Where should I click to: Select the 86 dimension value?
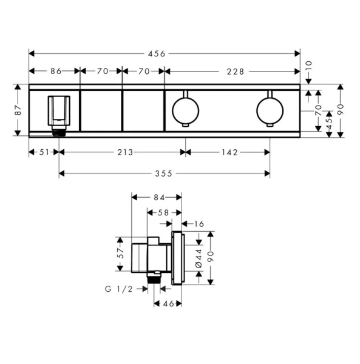(x=56, y=71)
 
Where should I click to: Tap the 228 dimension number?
(x=236, y=71)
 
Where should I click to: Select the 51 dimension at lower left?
(x=44, y=152)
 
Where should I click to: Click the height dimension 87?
(x=18, y=110)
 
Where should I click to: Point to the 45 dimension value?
(x=329, y=122)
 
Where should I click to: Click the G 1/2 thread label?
(x=118, y=290)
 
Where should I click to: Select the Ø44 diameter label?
(x=199, y=259)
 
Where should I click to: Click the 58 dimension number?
(x=164, y=212)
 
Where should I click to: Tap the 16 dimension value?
(x=200, y=224)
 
